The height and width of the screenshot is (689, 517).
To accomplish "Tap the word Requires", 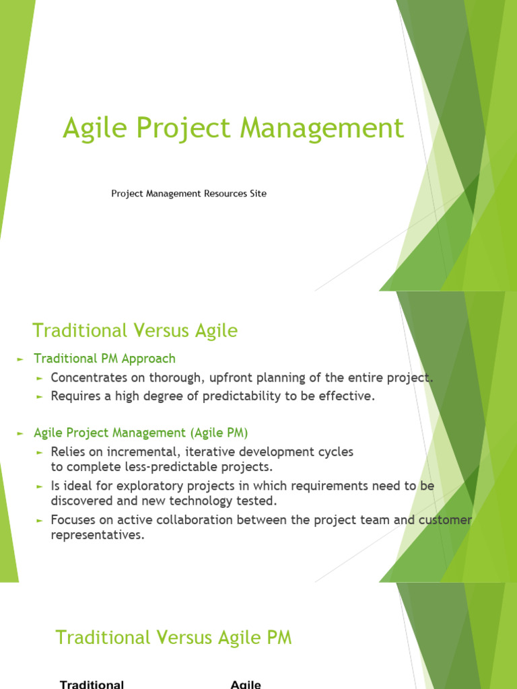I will pyautogui.click(x=75, y=396).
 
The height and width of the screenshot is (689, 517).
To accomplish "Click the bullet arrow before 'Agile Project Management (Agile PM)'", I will pyautogui.click(x=20, y=433).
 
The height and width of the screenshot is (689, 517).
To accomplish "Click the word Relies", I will pyautogui.click(x=67, y=451).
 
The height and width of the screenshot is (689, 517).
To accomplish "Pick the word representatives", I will pyautogui.click(x=98, y=536).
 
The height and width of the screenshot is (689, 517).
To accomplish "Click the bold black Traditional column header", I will pyautogui.click(x=92, y=684).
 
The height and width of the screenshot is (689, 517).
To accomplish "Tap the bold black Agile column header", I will pyautogui.click(x=245, y=684).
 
